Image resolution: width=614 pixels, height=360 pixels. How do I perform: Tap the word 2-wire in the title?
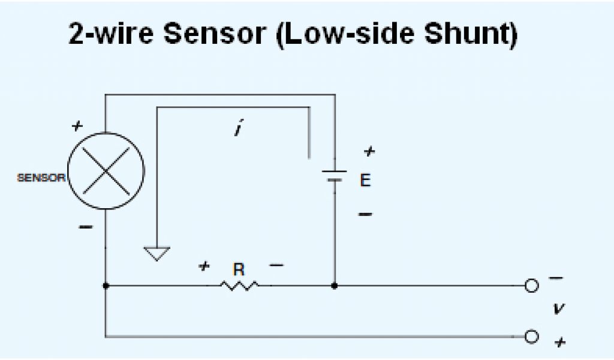coord(110,34)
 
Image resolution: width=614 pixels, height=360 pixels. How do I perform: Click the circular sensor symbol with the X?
coord(106,171)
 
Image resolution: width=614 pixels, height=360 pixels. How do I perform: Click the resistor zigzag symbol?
coord(239,286)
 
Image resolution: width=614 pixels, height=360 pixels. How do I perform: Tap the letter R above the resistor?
coord(239,270)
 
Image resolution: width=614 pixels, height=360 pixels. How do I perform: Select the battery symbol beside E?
coord(334,176)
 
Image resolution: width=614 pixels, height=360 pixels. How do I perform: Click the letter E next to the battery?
coord(365,180)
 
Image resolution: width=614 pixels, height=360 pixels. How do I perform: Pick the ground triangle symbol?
coord(156,254)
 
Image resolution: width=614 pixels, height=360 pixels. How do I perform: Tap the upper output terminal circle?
coord(531,286)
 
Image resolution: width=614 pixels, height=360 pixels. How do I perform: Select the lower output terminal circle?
coord(531,336)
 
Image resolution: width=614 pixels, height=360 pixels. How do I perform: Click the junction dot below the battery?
coord(334,286)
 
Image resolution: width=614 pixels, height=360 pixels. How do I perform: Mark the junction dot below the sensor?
coord(106,286)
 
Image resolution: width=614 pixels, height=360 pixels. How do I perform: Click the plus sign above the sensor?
coord(76,126)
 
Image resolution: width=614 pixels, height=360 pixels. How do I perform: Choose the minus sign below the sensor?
coord(86,227)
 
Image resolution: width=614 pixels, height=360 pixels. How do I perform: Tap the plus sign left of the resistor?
coord(204,265)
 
